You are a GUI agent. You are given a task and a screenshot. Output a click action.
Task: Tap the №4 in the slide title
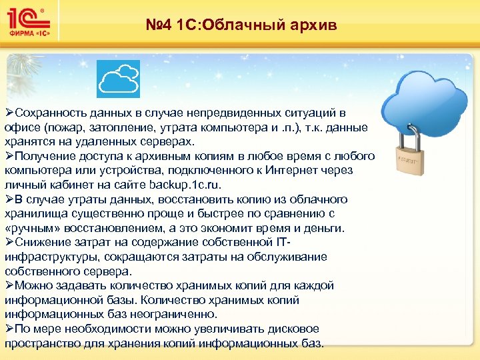[160, 25]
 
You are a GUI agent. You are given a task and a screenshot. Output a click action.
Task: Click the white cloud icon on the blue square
[118, 79]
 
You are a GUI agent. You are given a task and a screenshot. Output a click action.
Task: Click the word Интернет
[293, 171]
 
